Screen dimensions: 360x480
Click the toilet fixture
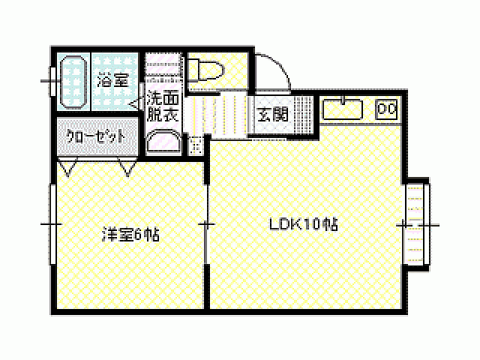[205, 70]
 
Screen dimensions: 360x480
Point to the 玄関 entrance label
[271, 115]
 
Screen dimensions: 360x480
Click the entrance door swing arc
[271, 72]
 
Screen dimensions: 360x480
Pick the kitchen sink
[343, 109]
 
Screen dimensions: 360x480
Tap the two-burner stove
[386, 109]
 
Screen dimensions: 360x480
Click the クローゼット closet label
[95, 137]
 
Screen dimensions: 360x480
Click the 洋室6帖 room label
[130, 234]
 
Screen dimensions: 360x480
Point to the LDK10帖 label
[304, 223]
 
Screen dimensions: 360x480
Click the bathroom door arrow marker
[137, 106]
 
